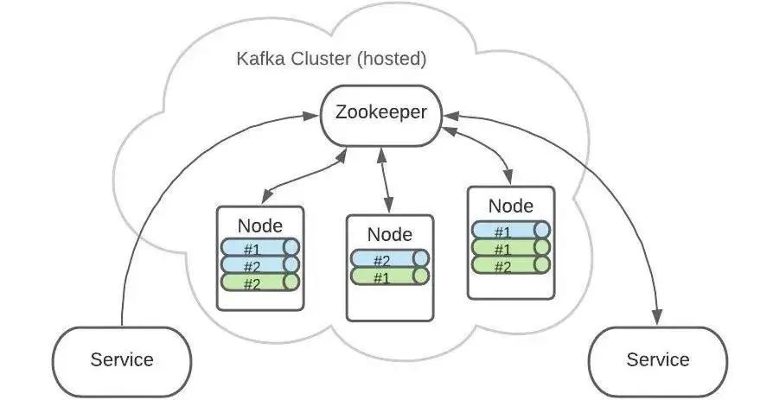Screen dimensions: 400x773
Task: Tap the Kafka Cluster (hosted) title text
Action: point(331,60)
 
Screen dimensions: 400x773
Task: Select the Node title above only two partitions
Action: point(390,234)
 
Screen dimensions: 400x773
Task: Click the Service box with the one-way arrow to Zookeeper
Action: point(122,359)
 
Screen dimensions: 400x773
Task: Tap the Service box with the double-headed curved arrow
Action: point(658,359)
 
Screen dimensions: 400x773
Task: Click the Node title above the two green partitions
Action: point(510,206)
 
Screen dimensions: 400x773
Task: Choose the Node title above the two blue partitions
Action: point(259,225)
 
